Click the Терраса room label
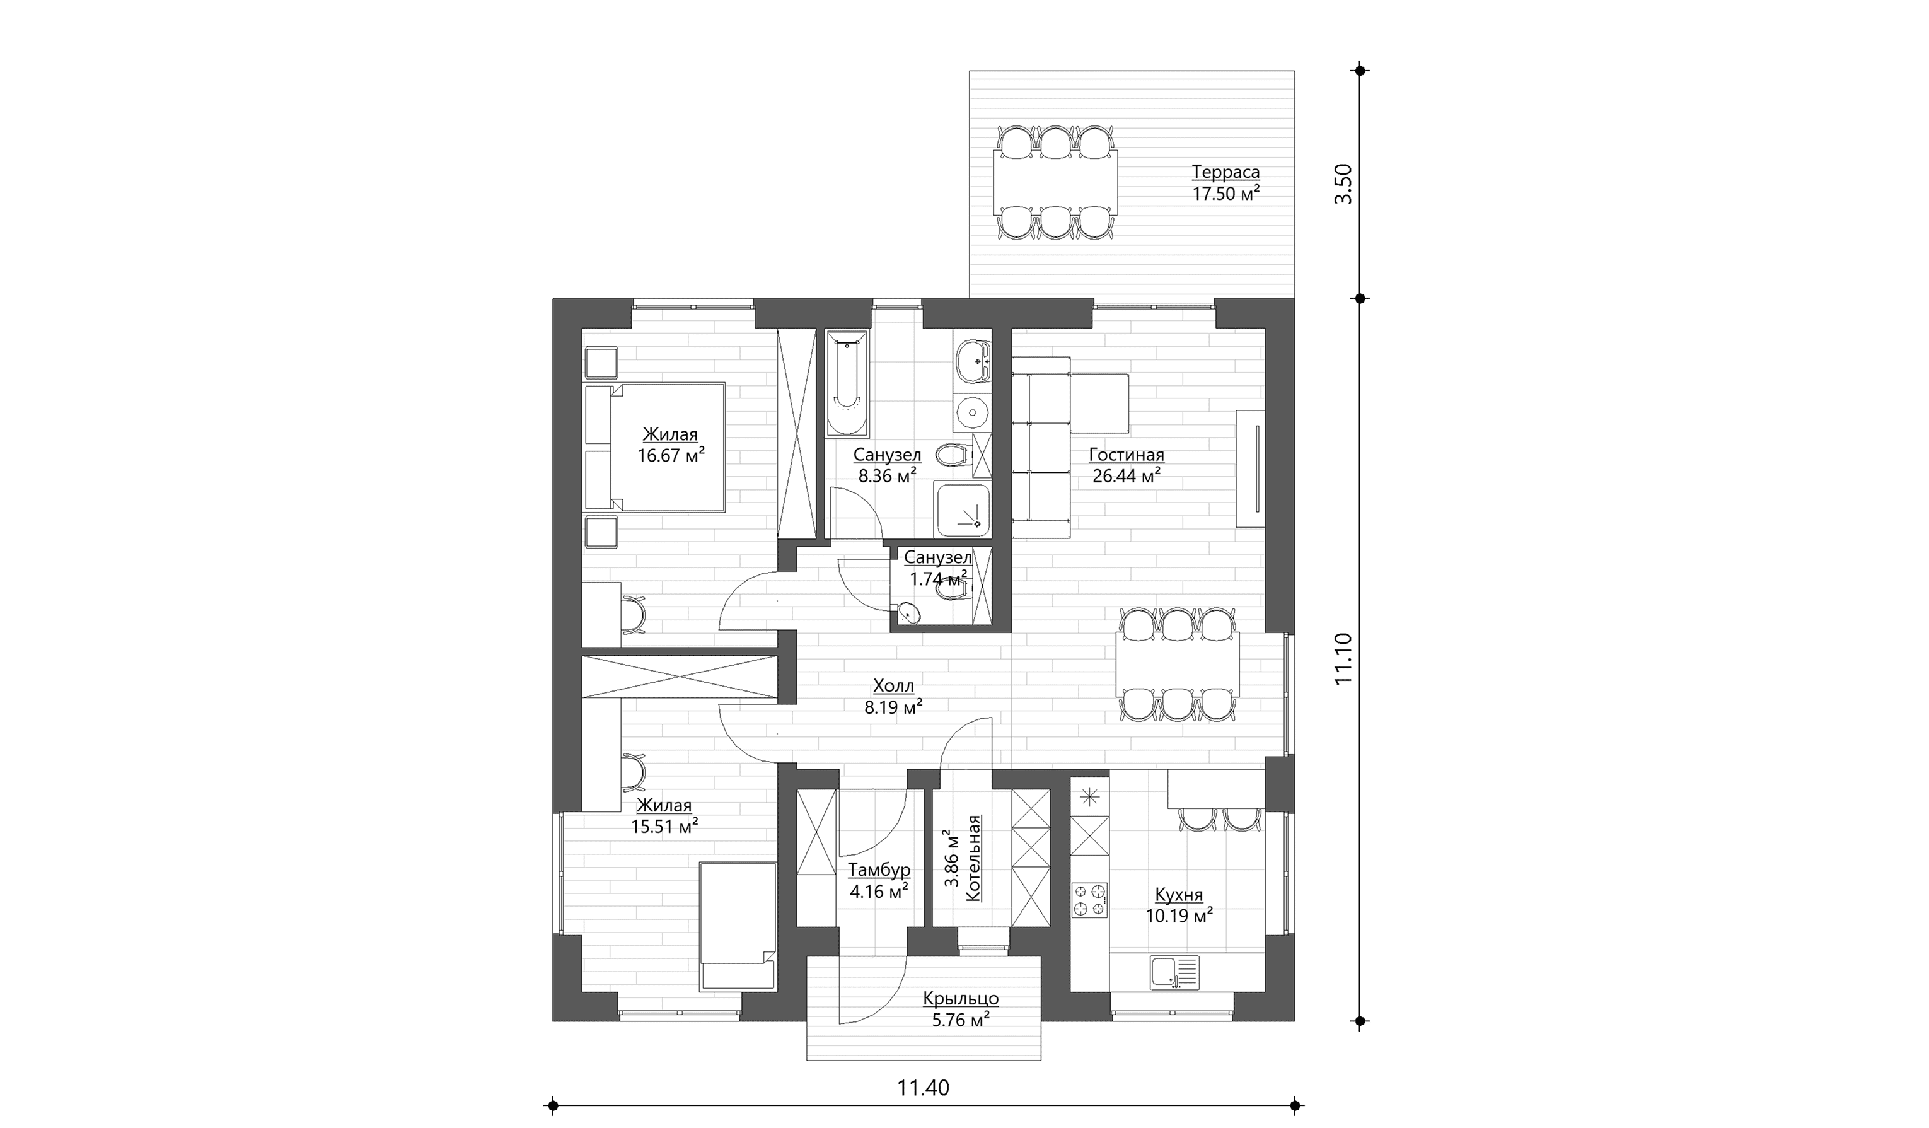1225,172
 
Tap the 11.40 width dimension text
923,1088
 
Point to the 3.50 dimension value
1344,183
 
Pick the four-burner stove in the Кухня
1089,899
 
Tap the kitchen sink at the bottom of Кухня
1175,972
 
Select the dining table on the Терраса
1055,183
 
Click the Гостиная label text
1127,455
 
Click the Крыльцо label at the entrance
961,999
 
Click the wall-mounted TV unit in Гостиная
1251,468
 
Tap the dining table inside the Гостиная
1178,665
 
